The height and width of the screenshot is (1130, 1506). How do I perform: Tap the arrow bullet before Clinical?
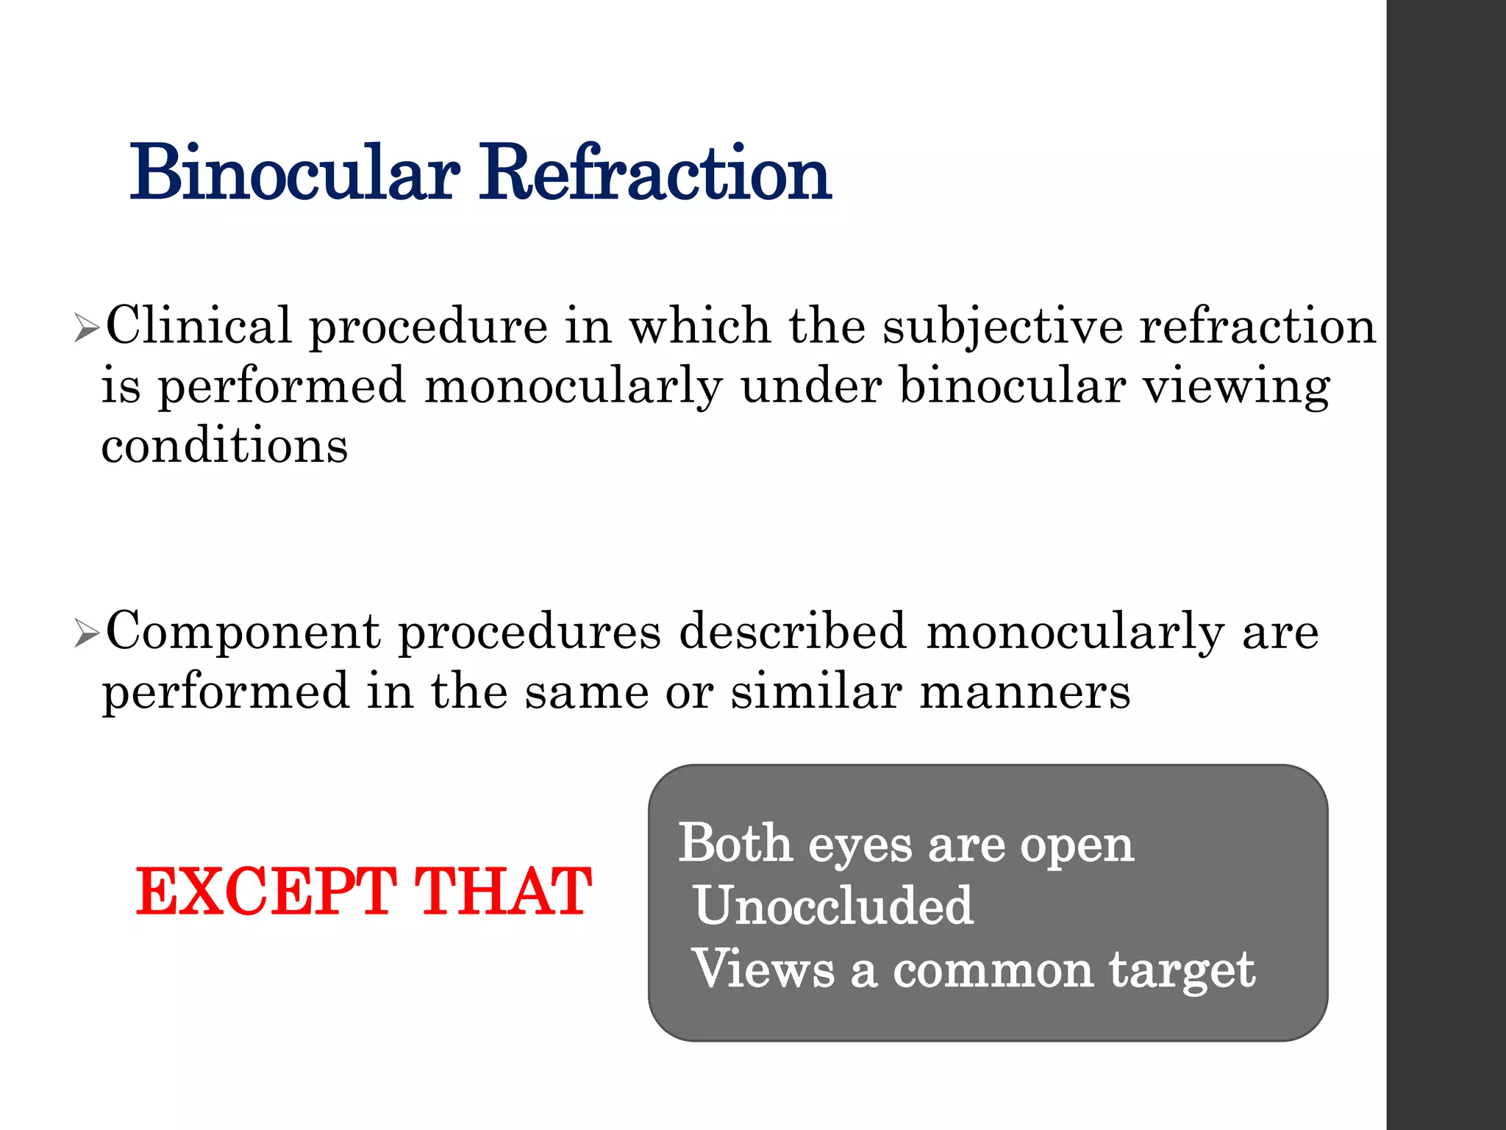coord(87,329)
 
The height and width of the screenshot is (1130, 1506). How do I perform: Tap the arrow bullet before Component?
coord(87,634)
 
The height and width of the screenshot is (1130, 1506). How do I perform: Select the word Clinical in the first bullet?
coord(199,326)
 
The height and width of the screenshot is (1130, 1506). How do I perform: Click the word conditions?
coord(224,447)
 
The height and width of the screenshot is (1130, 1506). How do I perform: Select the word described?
coord(793,631)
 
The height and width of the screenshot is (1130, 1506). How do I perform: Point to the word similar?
coord(816,692)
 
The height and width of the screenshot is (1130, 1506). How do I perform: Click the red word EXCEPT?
coord(266,892)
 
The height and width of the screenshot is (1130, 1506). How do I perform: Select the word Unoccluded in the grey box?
coord(834,906)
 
